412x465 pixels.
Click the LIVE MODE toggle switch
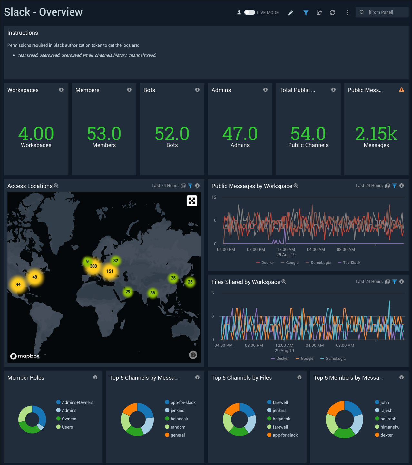[x=250, y=12]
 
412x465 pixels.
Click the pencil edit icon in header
[x=290, y=13]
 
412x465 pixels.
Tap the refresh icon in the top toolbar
[x=332, y=13]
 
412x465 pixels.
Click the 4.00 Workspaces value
[x=36, y=134]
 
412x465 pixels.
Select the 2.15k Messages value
[x=376, y=134]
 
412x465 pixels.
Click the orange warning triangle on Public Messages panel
[x=401, y=90]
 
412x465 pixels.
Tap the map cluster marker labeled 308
[x=93, y=266]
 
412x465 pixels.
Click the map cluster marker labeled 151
[x=110, y=271]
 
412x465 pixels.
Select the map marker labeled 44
[x=18, y=284]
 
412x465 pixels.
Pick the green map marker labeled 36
[x=152, y=293]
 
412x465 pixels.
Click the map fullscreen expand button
[x=192, y=201]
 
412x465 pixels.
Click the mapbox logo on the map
[x=25, y=356]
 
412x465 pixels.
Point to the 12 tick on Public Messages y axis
[x=214, y=197]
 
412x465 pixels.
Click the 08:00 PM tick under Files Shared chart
[x=254, y=346]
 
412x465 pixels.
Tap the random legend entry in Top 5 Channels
[x=178, y=427]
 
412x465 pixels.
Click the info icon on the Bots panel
[x=197, y=90]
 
